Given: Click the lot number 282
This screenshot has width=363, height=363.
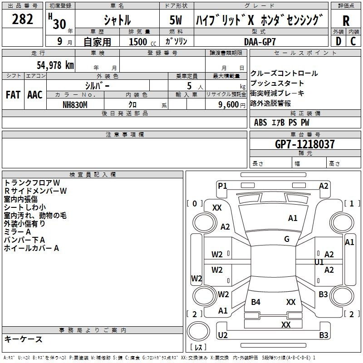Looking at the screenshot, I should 23,20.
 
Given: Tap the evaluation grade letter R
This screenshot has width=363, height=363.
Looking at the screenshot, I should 346,20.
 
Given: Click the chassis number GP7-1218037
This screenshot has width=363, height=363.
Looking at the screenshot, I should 305,144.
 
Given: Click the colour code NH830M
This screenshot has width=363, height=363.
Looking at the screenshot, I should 75,104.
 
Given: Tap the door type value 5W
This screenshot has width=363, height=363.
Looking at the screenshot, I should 176,20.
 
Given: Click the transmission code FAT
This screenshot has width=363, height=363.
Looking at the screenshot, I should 13,95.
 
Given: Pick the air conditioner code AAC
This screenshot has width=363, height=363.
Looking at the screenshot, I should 34,95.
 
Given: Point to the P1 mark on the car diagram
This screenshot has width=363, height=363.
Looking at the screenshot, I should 222,185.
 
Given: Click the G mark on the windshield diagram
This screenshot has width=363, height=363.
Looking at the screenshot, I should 287,239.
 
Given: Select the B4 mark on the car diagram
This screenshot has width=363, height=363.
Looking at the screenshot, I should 256,302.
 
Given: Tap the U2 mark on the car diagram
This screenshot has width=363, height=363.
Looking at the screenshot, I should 223,335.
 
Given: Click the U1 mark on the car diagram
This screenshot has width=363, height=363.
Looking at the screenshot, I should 319,262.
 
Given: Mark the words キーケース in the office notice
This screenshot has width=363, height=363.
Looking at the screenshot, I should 24,339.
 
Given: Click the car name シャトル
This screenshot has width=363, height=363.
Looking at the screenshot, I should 117,20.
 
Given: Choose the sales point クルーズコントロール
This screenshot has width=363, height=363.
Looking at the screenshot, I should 284,74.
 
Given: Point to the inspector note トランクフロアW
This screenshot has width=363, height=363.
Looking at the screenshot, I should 32,182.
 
